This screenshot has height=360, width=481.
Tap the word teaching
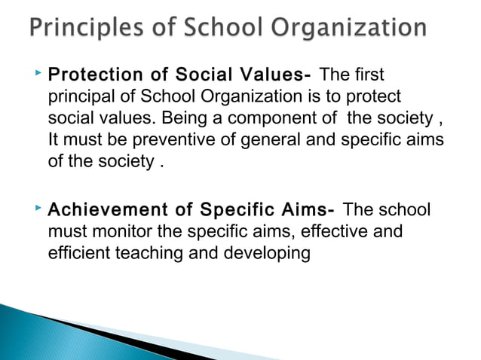(x=153, y=252)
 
